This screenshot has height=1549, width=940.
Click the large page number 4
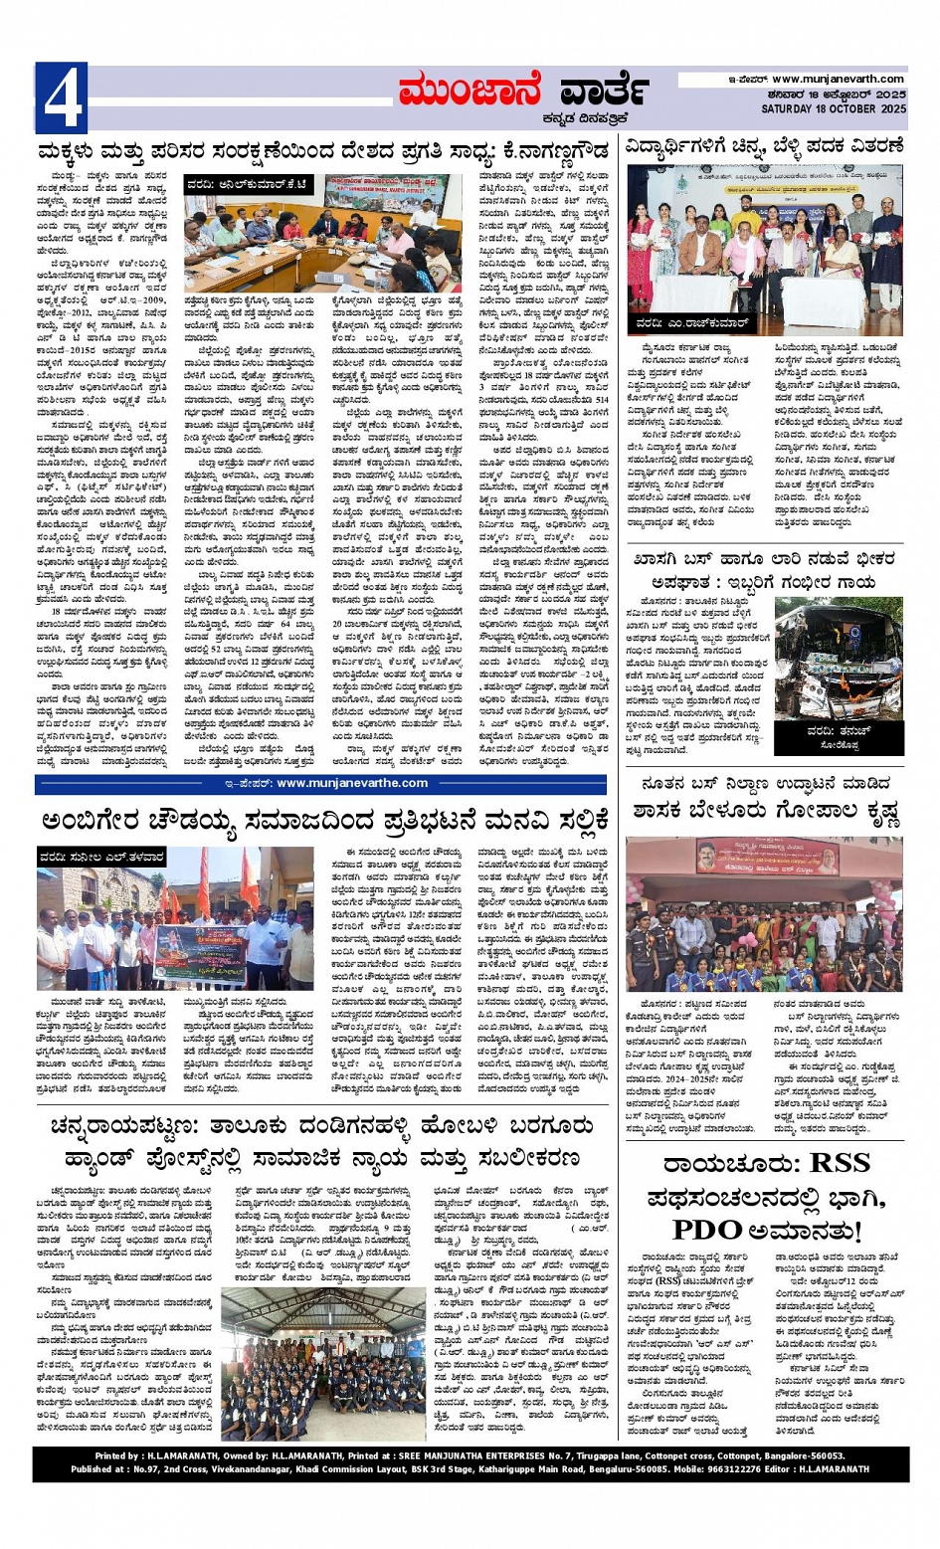(61, 98)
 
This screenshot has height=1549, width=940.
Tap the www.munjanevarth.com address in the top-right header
(838, 79)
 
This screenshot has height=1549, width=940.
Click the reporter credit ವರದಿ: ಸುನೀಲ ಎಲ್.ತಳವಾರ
(101, 857)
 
